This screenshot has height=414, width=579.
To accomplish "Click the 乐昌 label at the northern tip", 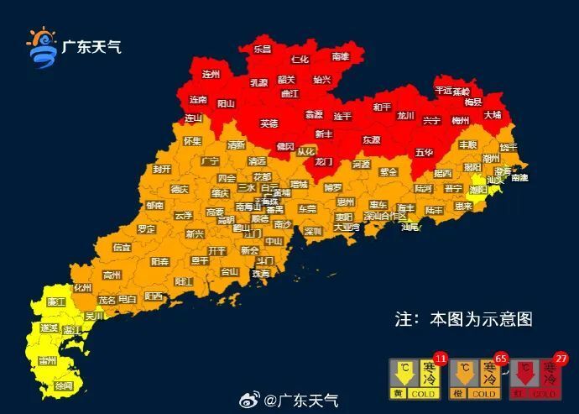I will pos(263,50).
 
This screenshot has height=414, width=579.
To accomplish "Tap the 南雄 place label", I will pos(340,57).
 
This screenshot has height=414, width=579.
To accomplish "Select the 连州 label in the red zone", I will pos(211,74).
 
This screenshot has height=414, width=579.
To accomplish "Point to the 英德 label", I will pos(269,123).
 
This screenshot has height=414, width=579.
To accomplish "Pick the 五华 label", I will pos(424,153).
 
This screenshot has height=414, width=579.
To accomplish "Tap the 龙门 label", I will pos(323,160).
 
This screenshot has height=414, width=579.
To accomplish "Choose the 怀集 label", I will pos(192,141).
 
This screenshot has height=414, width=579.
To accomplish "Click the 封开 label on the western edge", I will pos(162,169).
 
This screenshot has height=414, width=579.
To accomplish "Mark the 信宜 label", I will pos(122,248).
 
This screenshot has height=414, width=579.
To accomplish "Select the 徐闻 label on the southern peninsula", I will pos(63,385).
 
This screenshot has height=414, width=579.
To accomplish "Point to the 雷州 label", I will pos(47,360).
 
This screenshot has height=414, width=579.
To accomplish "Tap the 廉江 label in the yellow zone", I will pos(57,301).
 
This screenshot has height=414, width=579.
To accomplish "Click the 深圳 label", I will pos(313,231).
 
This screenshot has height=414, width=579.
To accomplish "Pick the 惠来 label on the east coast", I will pos(463,206).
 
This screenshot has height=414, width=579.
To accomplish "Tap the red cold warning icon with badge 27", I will pos(537,377).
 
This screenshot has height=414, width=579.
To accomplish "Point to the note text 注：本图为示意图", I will pos(463,319).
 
